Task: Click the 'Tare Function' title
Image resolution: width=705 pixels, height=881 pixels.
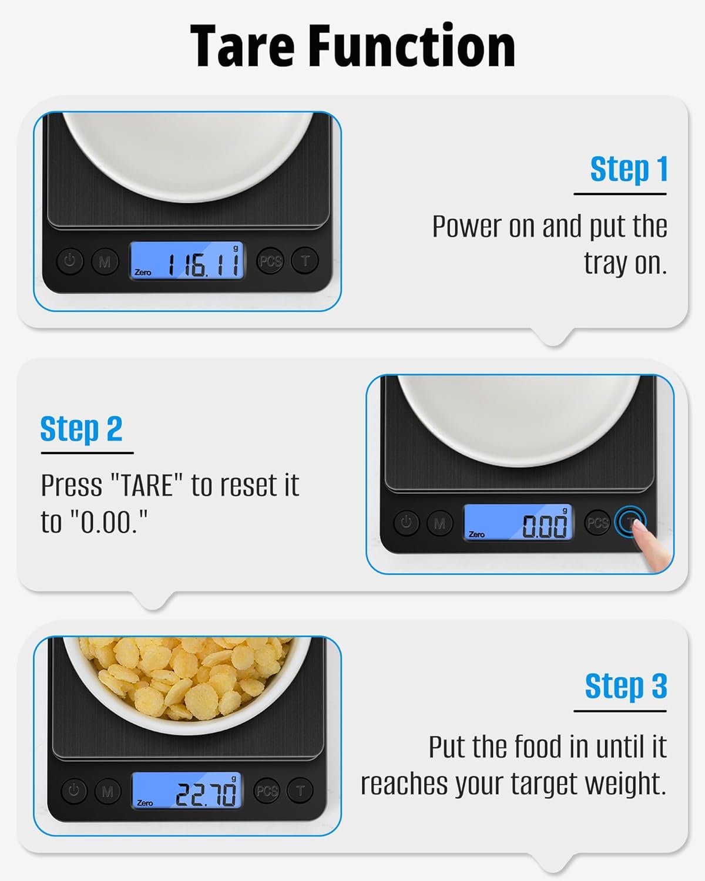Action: (x=352, y=47)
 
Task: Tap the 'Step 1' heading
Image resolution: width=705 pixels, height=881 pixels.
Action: (x=628, y=169)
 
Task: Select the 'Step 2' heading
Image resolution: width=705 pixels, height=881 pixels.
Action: (x=81, y=429)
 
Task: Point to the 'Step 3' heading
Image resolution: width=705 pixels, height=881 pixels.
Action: (x=626, y=686)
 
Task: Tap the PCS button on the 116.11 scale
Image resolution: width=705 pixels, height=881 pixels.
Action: (x=270, y=261)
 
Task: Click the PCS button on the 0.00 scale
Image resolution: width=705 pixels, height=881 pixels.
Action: (x=597, y=523)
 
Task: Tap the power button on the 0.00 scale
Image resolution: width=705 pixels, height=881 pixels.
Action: (x=406, y=522)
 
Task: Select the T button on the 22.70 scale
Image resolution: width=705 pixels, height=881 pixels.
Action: (x=300, y=791)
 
